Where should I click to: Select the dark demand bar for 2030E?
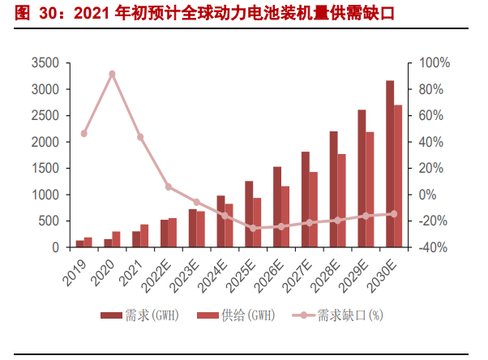[x=390, y=164]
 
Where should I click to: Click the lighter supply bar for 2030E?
[x=398, y=176]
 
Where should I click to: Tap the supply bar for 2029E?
[x=370, y=189]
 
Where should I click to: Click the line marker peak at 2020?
[x=112, y=74]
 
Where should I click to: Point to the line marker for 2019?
[x=83, y=134]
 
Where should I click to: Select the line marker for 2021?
[x=140, y=137]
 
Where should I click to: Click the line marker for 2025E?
[x=253, y=229]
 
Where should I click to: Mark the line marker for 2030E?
[x=394, y=214]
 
